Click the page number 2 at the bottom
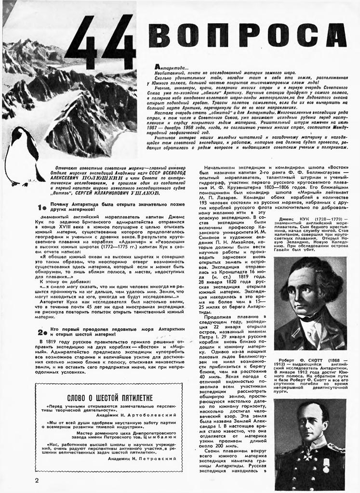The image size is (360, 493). tap(37, 480)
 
